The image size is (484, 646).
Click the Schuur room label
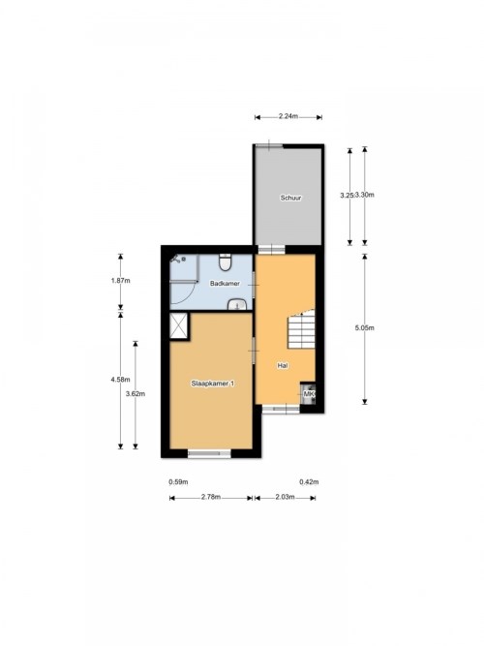click(x=290, y=198)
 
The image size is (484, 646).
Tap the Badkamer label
click(x=225, y=284)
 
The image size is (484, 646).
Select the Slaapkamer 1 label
click(x=213, y=384)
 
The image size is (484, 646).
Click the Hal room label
click(x=283, y=365)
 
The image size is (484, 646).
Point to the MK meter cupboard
click(x=308, y=394)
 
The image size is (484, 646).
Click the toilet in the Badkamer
click(x=225, y=262)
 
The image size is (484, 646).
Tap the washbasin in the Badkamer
click(x=237, y=304)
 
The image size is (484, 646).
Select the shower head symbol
click(x=178, y=260)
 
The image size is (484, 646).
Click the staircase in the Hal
click(x=301, y=329)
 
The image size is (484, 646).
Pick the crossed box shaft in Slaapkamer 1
click(x=180, y=326)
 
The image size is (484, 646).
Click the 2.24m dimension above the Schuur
click(x=287, y=116)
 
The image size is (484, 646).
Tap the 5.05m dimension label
click(x=365, y=328)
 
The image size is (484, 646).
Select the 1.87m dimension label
click(x=120, y=281)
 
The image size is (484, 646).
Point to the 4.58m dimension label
click(x=120, y=380)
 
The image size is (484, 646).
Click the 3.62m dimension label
click(x=136, y=393)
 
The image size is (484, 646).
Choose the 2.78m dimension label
click(x=211, y=497)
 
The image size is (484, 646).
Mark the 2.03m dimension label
click(x=285, y=497)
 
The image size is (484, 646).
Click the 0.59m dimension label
click(x=178, y=481)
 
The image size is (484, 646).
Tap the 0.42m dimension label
click(x=309, y=481)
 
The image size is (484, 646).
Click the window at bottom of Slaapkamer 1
click(x=209, y=453)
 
